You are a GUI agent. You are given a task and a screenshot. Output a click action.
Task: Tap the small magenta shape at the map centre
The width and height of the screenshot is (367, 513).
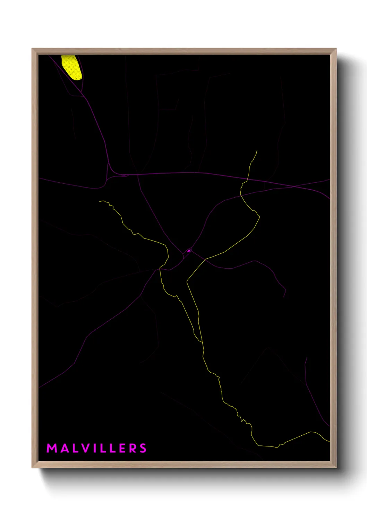point(189,251)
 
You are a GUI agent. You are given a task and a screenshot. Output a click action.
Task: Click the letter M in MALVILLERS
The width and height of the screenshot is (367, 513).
point(52,448)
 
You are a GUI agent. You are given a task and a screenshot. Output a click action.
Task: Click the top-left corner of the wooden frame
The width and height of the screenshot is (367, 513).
point(32,49)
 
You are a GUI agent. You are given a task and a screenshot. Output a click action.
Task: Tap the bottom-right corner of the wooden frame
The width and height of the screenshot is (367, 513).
point(336,467)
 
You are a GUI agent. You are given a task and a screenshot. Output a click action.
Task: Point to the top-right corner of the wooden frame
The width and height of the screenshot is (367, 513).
point(336,49)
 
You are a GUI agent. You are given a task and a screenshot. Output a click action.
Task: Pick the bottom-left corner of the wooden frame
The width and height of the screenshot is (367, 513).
point(32,467)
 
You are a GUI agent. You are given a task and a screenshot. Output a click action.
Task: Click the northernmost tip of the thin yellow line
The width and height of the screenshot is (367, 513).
point(257,150)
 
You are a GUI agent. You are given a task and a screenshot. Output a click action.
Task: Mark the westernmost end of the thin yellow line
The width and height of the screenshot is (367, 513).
point(100,201)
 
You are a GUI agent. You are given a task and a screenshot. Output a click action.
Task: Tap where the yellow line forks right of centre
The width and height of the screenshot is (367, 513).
point(205,259)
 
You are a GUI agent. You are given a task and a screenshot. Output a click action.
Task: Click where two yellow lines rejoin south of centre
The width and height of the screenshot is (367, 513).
point(202,342)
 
